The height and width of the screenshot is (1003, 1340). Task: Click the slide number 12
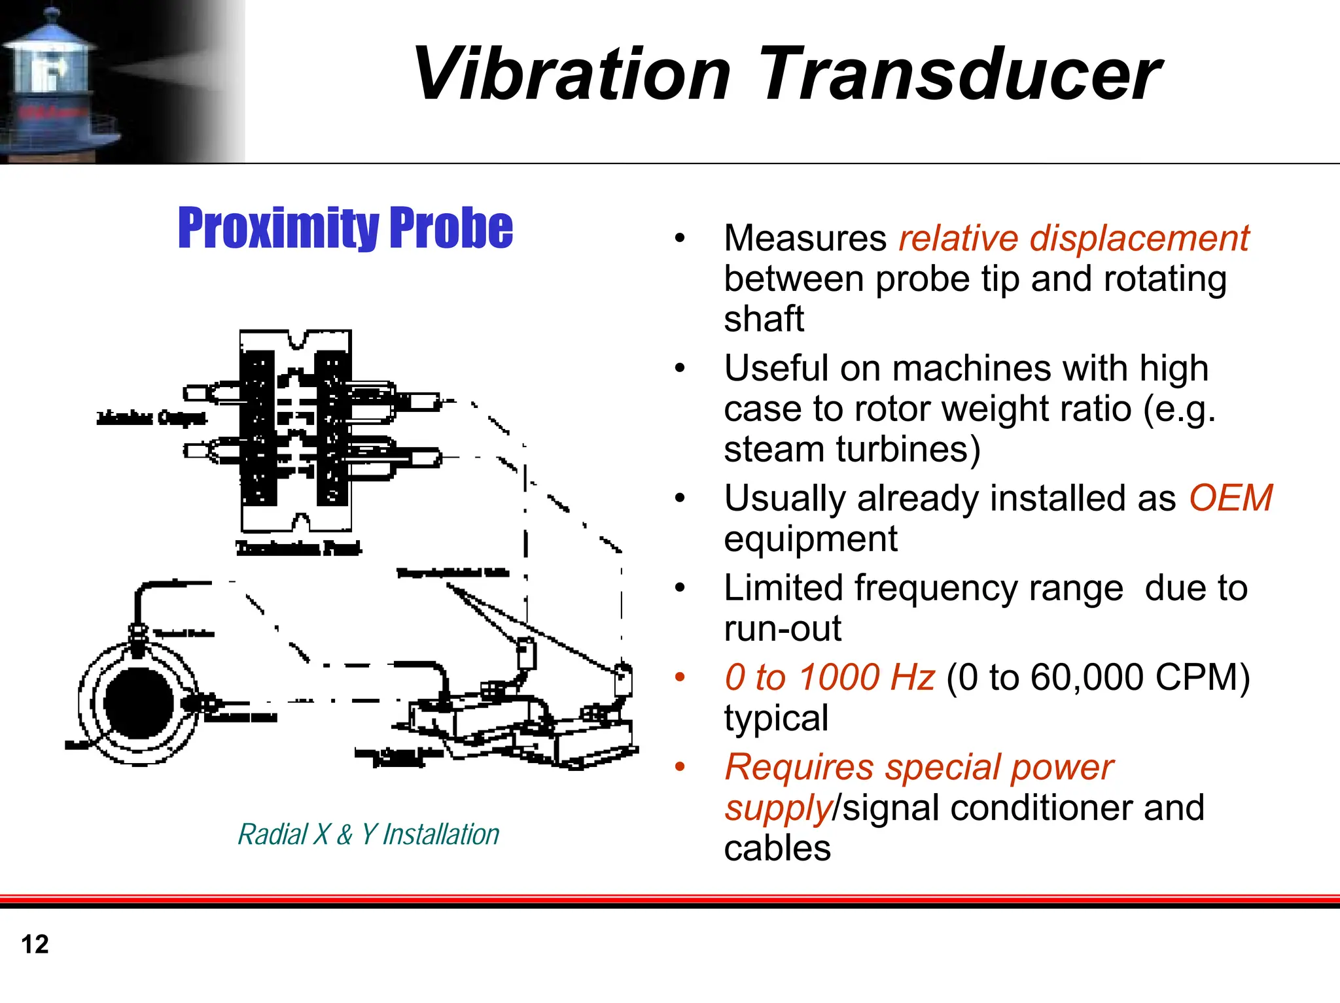pos(35,944)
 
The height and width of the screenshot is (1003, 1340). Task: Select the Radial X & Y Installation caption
pos(368,834)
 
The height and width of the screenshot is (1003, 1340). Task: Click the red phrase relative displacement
pos(1073,238)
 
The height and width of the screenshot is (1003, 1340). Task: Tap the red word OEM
pos(1230,498)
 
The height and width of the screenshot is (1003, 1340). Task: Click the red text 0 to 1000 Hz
pos(829,677)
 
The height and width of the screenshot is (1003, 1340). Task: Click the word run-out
pos(782,628)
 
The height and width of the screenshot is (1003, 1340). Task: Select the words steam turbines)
pos(852,449)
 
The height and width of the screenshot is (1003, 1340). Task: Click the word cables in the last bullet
pos(777,848)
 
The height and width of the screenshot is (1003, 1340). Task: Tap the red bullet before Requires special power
pos(680,766)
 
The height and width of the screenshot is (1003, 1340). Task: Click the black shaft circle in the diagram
pos(139,702)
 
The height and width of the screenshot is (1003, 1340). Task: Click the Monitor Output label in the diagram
pos(152,418)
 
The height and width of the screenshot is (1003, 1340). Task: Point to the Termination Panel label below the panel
pos(298,547)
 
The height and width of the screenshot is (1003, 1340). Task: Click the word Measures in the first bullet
pos(805,238)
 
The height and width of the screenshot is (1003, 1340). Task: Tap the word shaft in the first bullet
pos(764,319)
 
